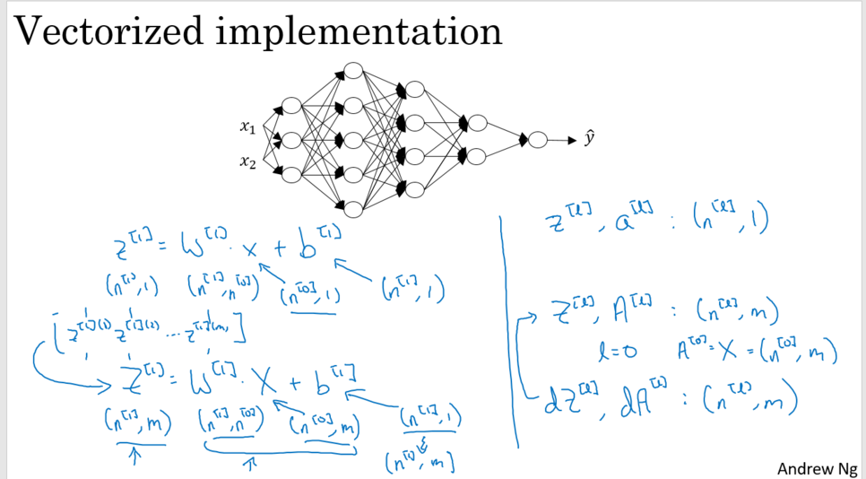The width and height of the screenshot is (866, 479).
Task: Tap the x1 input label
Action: tap(248, 128)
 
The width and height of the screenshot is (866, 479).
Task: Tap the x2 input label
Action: tap(248, 162)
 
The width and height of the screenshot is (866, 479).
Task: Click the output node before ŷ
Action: tap(537, 140)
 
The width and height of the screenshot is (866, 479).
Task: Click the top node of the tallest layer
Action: tap(353, 72)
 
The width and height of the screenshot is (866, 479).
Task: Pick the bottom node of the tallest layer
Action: tap(353, 210)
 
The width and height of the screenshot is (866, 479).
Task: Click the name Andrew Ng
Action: tap(817, 468)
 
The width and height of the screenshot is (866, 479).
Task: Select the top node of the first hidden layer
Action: tap(290, 107)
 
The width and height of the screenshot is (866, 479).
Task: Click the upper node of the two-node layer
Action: tap(477, 123)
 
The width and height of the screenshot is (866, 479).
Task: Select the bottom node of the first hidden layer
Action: tap(290, 174)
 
